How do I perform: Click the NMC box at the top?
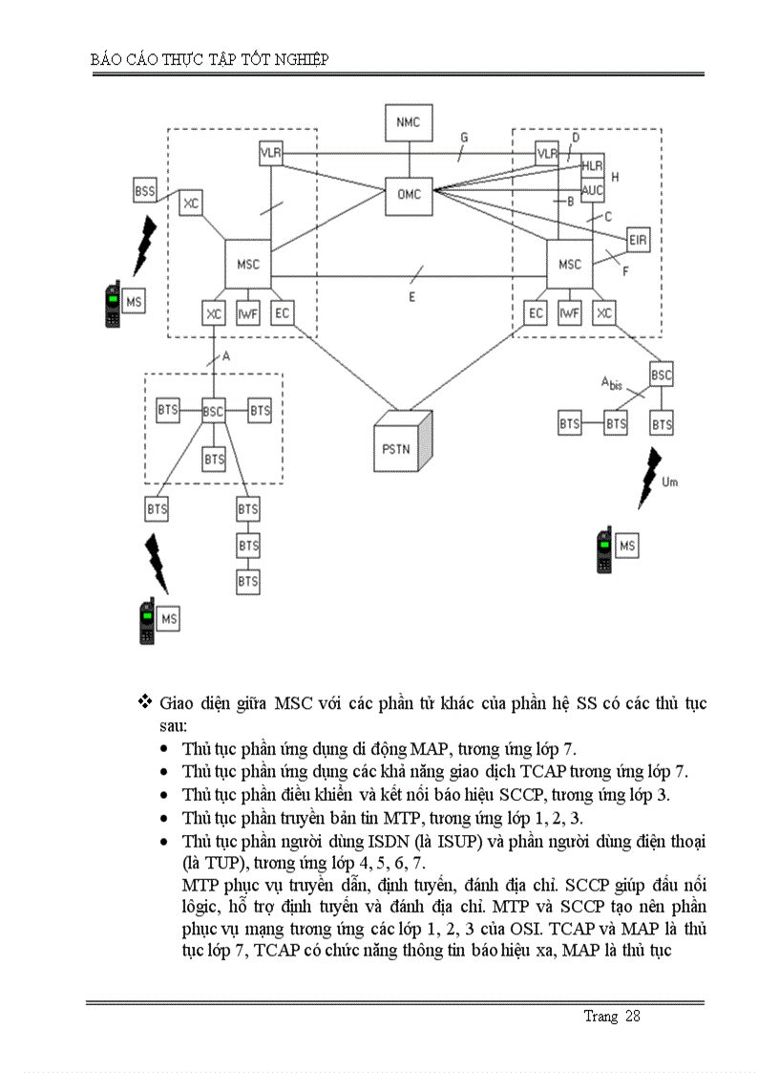point(408,122)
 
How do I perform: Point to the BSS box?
point(144,190)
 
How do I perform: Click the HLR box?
point(592,166)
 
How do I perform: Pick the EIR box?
point(638,240)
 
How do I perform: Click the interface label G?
point(464,138)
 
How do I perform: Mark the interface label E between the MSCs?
point(412,297)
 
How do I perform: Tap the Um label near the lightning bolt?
point(669,483)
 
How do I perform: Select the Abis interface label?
point(611,383)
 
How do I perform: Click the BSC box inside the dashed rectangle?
point(213,411)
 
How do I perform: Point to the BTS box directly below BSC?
point(214,460)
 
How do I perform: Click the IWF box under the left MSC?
point(248,313)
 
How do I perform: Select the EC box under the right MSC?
point(537,313)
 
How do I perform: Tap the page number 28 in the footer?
point(632,1016)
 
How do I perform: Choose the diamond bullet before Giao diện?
point(145,702)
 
